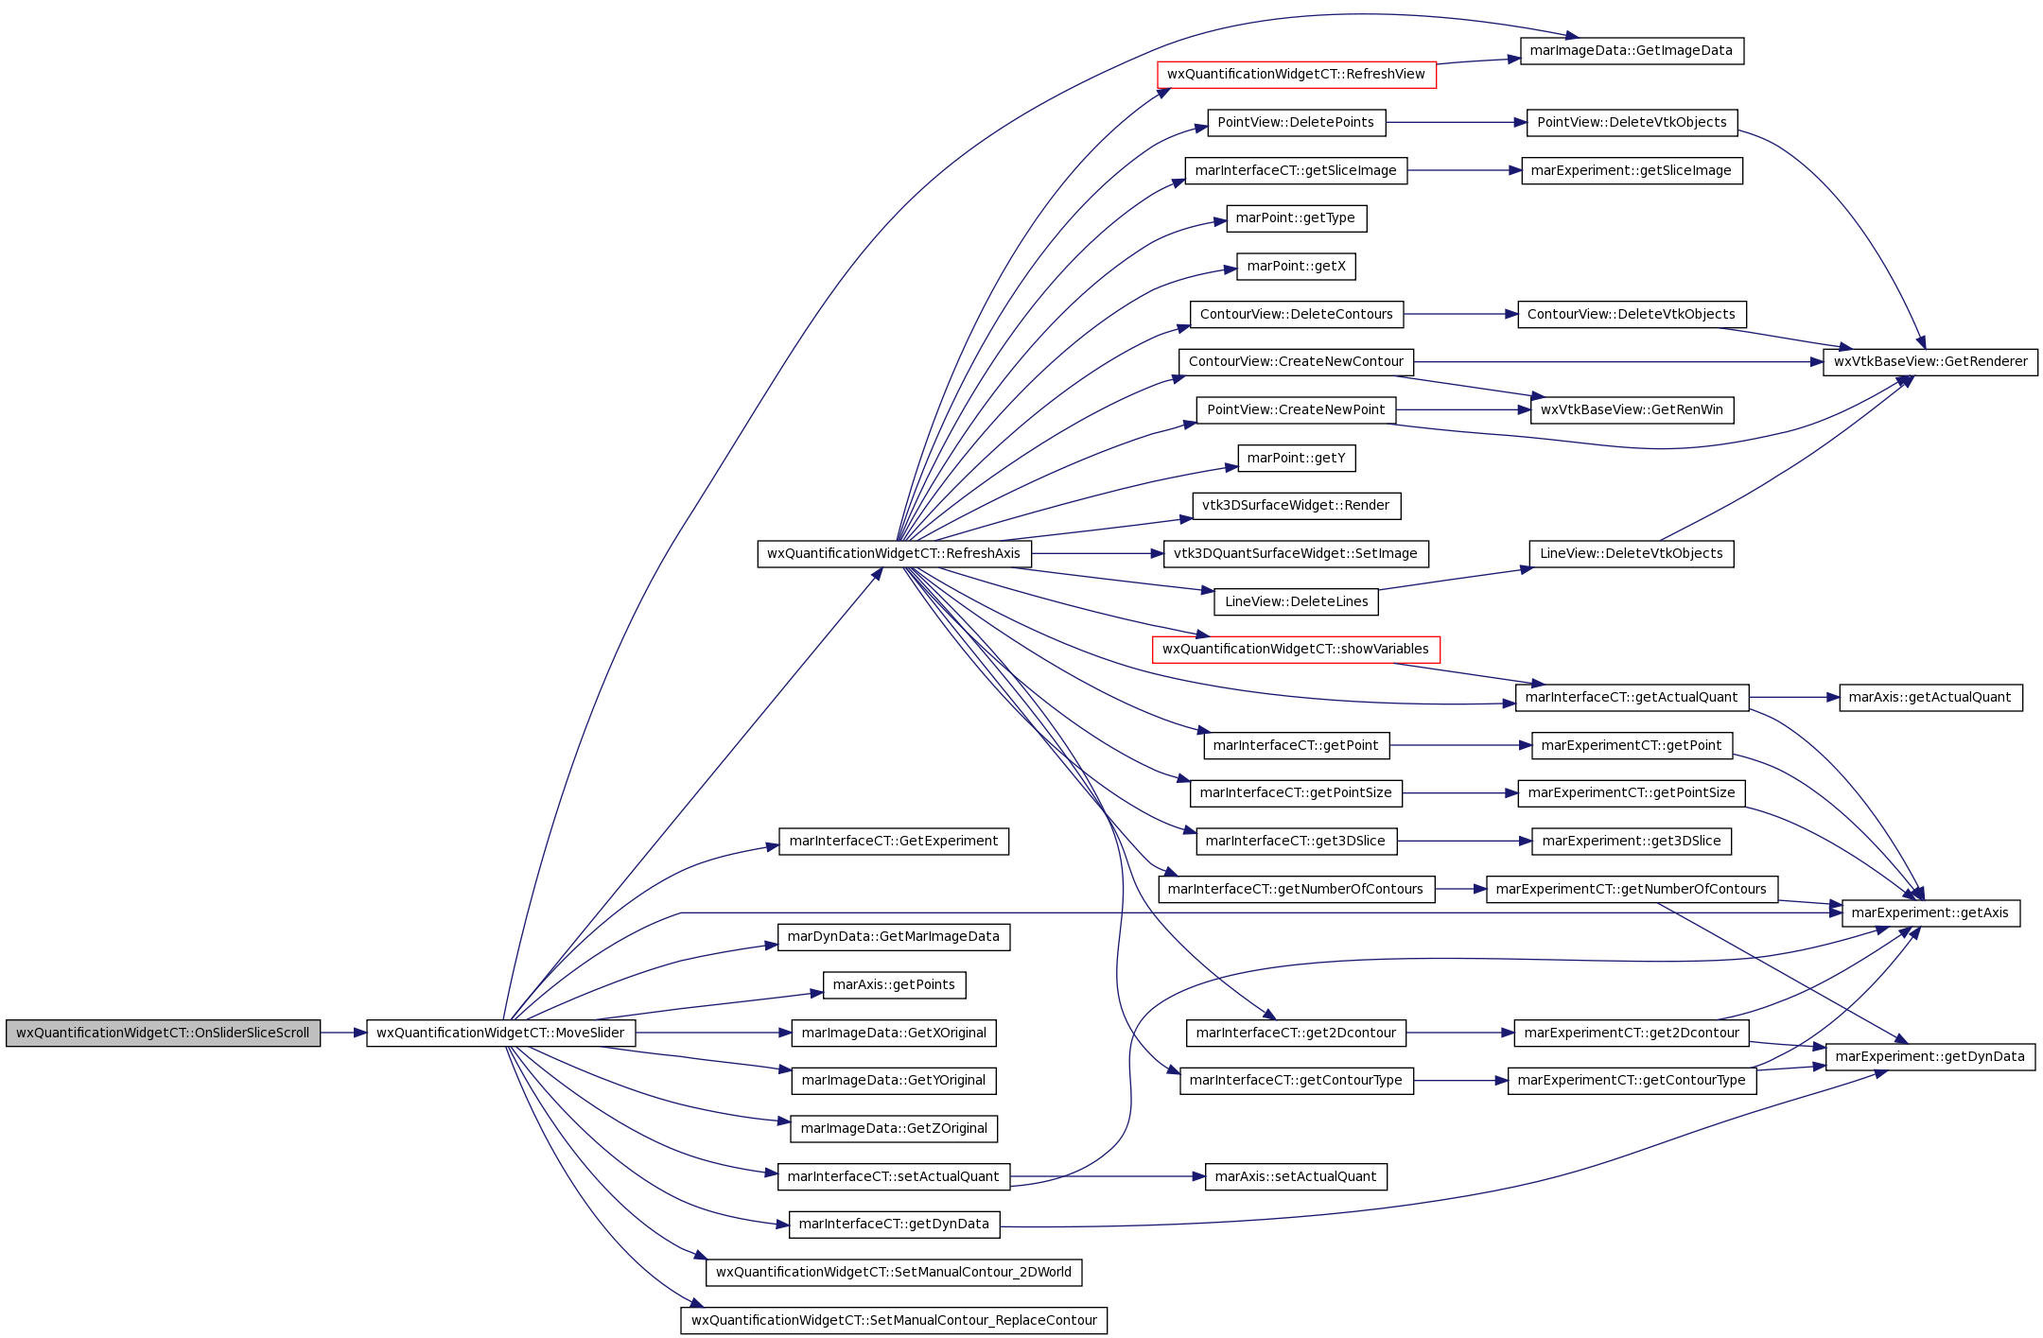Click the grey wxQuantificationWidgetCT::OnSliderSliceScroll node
click(163, 1033)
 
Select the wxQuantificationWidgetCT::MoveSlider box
click(500, 1033)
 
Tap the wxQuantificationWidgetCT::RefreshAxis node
click(894, 554)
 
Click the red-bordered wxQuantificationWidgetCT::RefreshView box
click(1296, 75)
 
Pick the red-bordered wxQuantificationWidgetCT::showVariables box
click(1296, 650)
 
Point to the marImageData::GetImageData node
click(1632, 51)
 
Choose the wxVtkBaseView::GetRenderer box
click(1930, 362)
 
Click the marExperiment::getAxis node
click(1930, 913)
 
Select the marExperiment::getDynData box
click(1930, 1057)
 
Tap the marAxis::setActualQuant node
click(1296, 1177)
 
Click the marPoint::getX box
click(1296, 267)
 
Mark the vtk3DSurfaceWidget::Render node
click(1296, 506)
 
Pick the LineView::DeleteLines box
click(1296, 601)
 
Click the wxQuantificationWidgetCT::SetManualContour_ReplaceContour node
click(894, 1321)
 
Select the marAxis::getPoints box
click(894, 985)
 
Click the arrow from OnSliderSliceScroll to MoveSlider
click(343, 1033)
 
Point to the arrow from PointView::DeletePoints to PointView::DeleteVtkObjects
click(1457, 123)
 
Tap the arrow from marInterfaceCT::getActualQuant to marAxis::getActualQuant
click(1794, 698)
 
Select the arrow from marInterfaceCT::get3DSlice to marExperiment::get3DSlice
click(1464, 842)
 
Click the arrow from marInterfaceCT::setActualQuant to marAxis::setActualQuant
click(1108, 1177)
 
